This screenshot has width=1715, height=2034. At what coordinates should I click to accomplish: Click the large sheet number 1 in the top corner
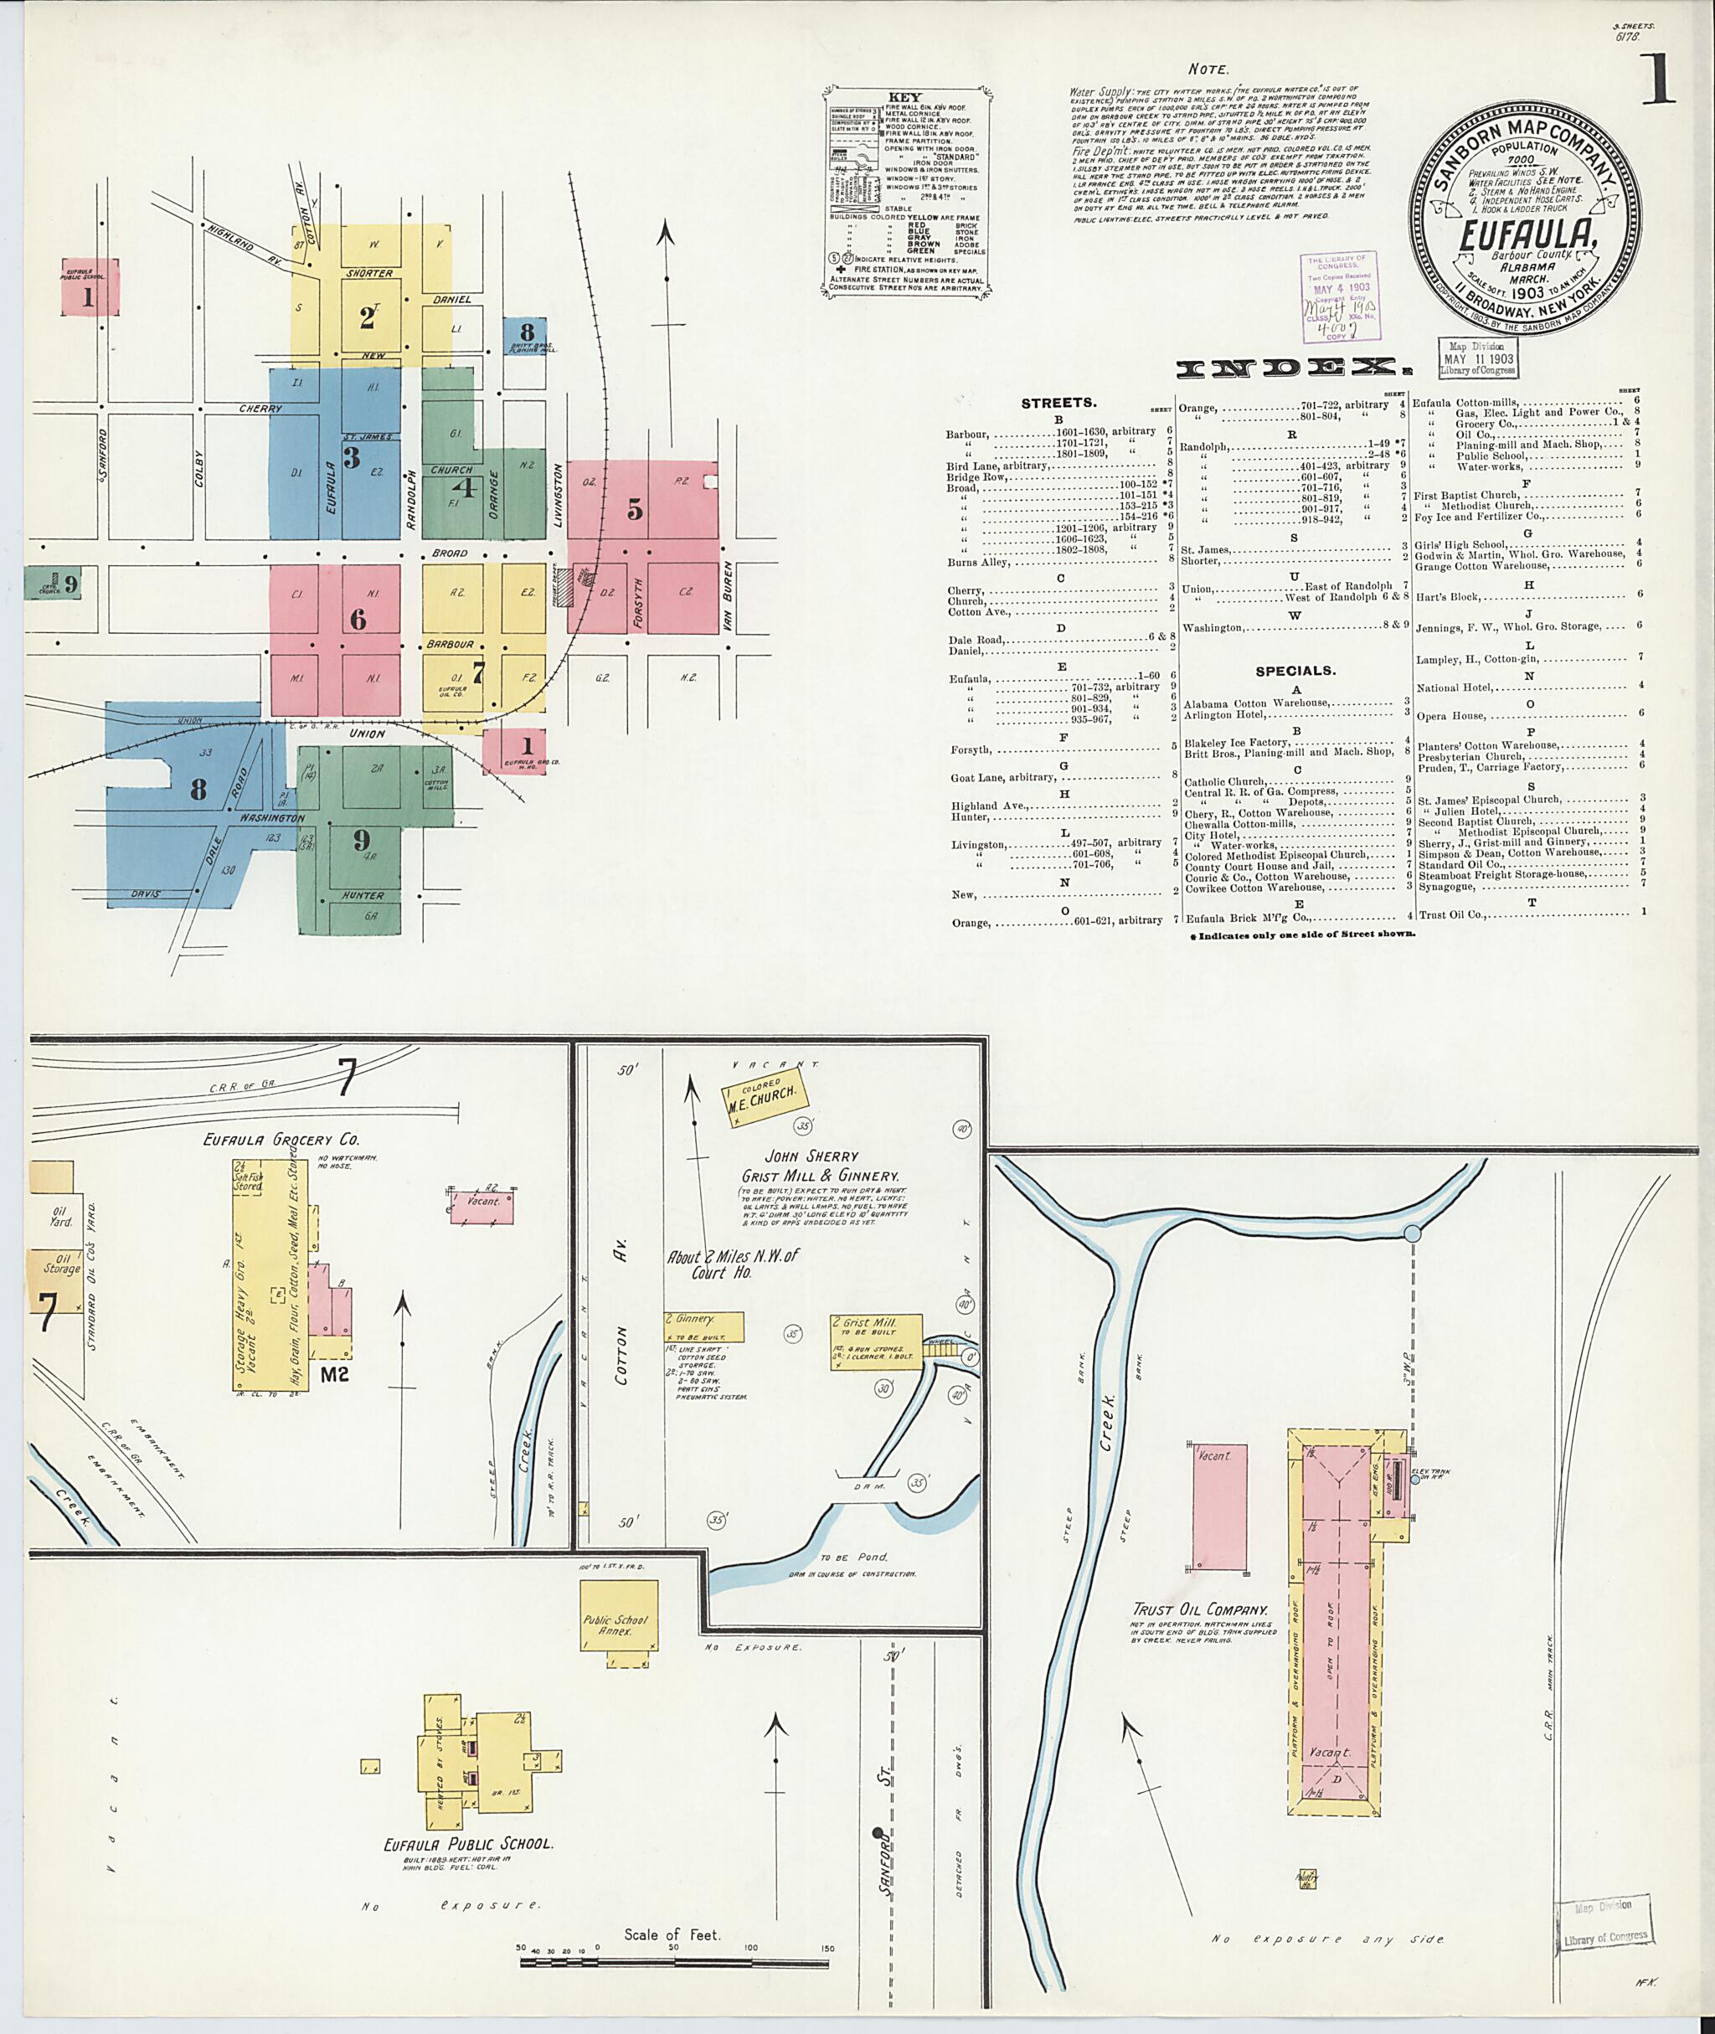click(1658, 79)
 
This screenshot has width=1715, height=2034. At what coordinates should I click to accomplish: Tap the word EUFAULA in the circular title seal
click(1527, 234)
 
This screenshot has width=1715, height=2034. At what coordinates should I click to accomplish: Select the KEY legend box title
click(905, 98)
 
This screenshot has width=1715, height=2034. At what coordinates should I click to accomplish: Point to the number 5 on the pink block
click(635, 508)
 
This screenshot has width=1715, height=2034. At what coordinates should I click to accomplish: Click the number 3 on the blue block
click(351, 456)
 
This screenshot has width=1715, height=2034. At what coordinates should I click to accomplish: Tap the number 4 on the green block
click(466, 487)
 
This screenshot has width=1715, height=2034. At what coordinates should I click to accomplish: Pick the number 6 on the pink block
click(358, 620)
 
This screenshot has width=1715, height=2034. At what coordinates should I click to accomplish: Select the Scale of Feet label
click(672, 1935)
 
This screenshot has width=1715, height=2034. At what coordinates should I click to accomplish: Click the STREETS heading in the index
click(1058, 403)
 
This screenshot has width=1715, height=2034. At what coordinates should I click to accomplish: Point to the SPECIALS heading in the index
click(1294, 671)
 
